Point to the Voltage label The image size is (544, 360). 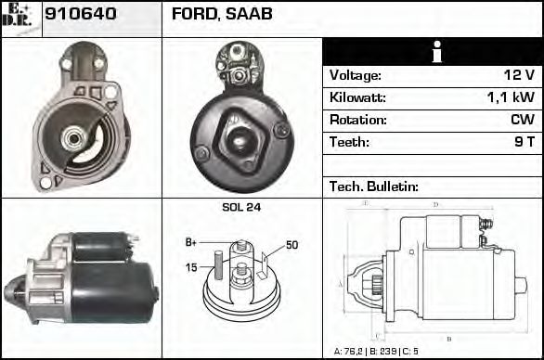tap(355, 75)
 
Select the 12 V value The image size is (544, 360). tap(518, 75)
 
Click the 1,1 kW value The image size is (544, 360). tap(511, 97)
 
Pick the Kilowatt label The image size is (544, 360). tap(357, 97)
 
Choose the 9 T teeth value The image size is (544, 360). tap(524, 142)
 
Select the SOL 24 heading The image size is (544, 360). tap(240, 207)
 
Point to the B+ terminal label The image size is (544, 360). tap(191, 242)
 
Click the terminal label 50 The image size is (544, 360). tap(291, 245)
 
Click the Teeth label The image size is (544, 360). tap(349, 142)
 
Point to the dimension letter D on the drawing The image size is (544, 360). tap(434, 204)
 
